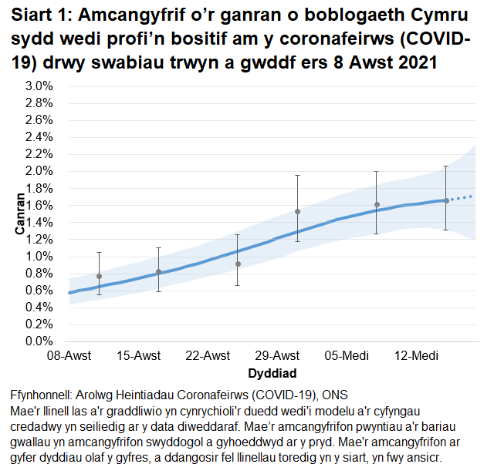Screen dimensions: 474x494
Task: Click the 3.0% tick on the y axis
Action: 39,86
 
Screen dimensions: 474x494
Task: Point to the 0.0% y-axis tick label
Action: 39,341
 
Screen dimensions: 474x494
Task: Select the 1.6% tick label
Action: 39,206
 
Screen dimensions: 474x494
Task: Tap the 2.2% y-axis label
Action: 39,154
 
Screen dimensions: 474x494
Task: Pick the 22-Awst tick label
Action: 208,356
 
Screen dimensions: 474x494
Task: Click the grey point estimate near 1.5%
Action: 298,211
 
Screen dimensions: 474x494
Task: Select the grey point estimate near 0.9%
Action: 238,264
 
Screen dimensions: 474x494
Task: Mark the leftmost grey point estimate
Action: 99,276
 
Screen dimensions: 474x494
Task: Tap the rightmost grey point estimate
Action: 446,201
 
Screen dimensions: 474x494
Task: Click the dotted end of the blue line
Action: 462,198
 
